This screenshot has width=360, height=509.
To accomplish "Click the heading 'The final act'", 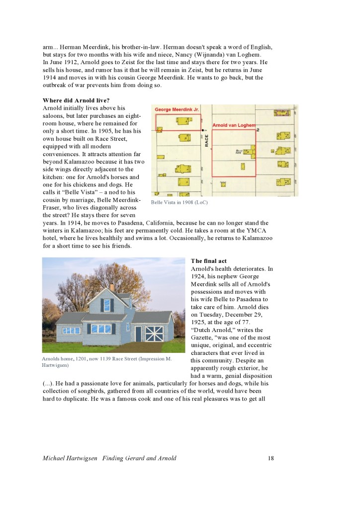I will tap(208, 261).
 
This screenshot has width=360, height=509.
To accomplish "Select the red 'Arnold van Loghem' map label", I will tap(234, 125).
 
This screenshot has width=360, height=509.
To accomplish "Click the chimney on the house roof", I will tap(112, 287).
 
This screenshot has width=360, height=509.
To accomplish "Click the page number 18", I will tap(270, 458).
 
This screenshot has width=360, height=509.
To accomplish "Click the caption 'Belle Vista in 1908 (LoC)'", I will tap(179, 202).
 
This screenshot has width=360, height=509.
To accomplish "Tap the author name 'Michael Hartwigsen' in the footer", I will tap(70, 458).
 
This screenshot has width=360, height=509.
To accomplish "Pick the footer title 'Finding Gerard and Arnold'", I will tap(139, 458).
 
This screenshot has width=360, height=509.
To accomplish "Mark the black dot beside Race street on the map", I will tap(202, 130).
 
